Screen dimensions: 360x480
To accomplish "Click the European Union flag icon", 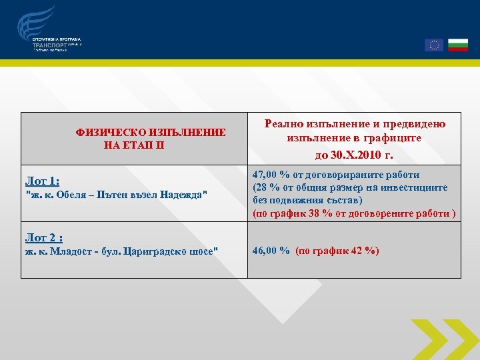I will tap(434, 45).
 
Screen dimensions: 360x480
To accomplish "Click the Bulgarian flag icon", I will tap(457, 45).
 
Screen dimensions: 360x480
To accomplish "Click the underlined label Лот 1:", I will tap(42, 181).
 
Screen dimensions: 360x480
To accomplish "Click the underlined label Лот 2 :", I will tap(44, 237).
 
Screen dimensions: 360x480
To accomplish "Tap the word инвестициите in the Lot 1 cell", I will tap(419, 188).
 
